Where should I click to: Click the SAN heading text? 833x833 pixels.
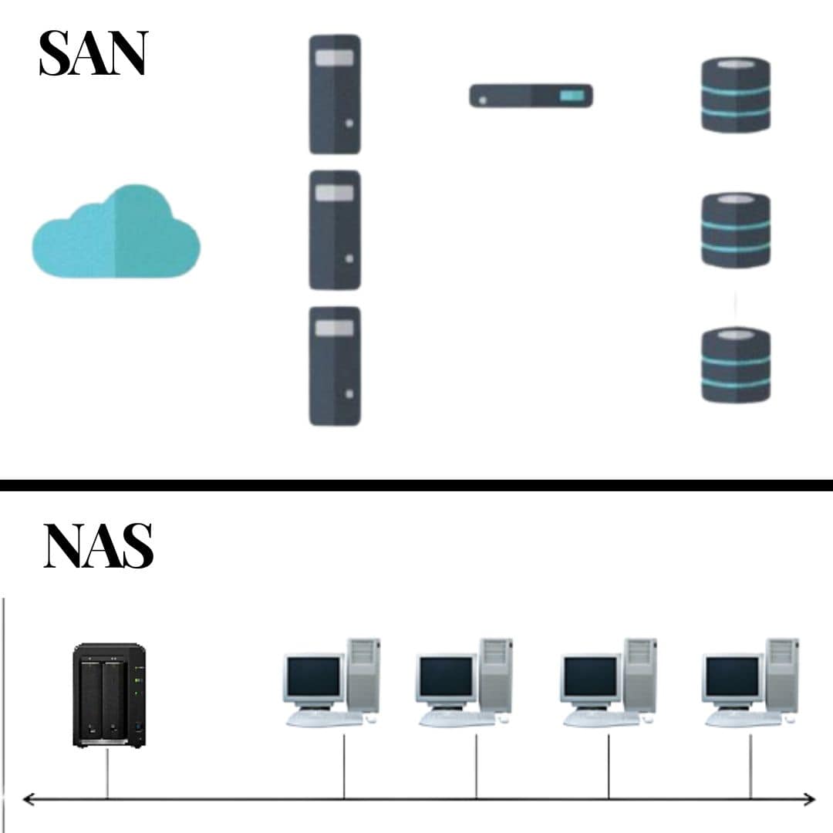tap(93, 54)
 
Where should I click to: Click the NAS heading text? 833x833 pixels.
tap(98, 546)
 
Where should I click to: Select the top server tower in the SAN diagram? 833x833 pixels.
tap(335, 94)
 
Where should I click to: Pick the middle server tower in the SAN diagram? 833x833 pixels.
tap(335, 230)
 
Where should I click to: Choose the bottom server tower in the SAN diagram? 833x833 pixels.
tap(335, 366)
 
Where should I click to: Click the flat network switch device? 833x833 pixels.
tap(531, 96)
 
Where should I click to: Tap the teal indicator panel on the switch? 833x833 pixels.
tap(572, 96)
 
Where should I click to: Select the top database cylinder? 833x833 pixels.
tap(735, 94)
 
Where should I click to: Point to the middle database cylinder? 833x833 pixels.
tap(735, 230)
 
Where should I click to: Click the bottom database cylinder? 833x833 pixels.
tap(735, 364)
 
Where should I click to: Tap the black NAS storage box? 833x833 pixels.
tap(109, 694)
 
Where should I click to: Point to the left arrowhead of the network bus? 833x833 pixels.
tap(28, 799)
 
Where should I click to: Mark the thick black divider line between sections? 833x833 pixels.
tap(416, 485)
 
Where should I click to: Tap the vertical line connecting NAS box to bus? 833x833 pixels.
tap(107, 773)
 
